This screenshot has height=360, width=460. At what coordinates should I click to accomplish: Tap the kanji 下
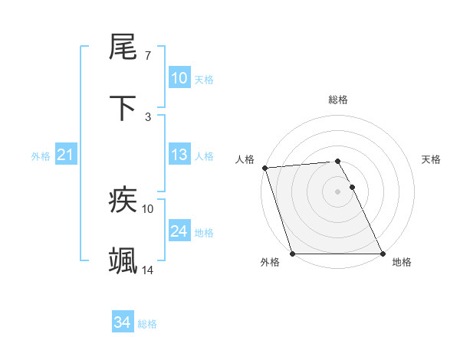point(123,109)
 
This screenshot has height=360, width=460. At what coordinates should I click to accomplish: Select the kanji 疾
point(123,201)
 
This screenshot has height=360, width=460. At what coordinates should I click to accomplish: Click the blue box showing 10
point(179,78)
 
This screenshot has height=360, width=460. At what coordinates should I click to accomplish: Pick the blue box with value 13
point(179,155)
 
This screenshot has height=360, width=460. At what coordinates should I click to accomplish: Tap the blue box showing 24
point(179,231)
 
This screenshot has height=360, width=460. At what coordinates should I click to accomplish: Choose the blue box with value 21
point(66,155)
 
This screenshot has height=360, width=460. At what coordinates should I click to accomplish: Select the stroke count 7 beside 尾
point(148,56)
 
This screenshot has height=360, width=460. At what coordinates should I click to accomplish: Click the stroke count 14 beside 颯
point(148,270)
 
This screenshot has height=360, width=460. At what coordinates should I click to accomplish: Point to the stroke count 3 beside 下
point(148,116)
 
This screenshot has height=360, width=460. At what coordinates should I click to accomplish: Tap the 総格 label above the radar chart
point(337,100)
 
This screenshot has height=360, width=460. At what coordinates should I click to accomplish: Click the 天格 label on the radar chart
point(432,159)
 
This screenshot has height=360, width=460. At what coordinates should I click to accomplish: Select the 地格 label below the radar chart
point(402,263)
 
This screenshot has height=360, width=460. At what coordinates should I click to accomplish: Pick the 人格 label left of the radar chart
point(245,159)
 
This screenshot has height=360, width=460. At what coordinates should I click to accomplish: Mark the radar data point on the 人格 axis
point(264,168)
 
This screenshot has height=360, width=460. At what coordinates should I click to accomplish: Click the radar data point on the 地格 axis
point(382,253)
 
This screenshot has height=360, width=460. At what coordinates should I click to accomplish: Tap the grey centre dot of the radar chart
point(337,191)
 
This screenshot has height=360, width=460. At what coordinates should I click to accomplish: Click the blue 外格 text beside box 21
point(41,155)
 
